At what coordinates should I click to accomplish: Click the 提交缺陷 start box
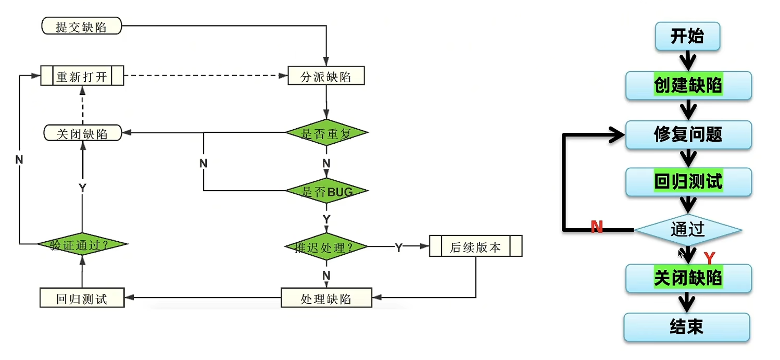[x=81, y=26]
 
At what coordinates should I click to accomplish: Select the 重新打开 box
[x=82, y=76]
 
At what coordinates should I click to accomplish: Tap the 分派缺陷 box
[x=326, y=76]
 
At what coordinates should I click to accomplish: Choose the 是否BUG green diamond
[x=326, y=191]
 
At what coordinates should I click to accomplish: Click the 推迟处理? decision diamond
[x=326, y=246]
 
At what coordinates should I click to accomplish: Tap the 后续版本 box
[x=475, y=246]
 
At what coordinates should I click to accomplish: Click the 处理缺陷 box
[x=326, y=298]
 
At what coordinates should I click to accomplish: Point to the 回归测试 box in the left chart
[x=82, y=298]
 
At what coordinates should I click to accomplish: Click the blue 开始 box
[x=687, y=36]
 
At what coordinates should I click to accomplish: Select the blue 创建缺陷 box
[x=688, y=85]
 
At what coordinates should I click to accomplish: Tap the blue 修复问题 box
[x=688, y=134]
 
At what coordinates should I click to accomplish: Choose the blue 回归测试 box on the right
[x=688, y=182]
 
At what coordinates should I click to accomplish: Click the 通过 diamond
[x=687, y=229]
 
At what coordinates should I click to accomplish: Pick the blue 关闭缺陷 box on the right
[x=688, y=278]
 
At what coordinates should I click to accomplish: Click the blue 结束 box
[x=687, y=327]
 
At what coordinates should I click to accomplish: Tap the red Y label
[x=709, y=257]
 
